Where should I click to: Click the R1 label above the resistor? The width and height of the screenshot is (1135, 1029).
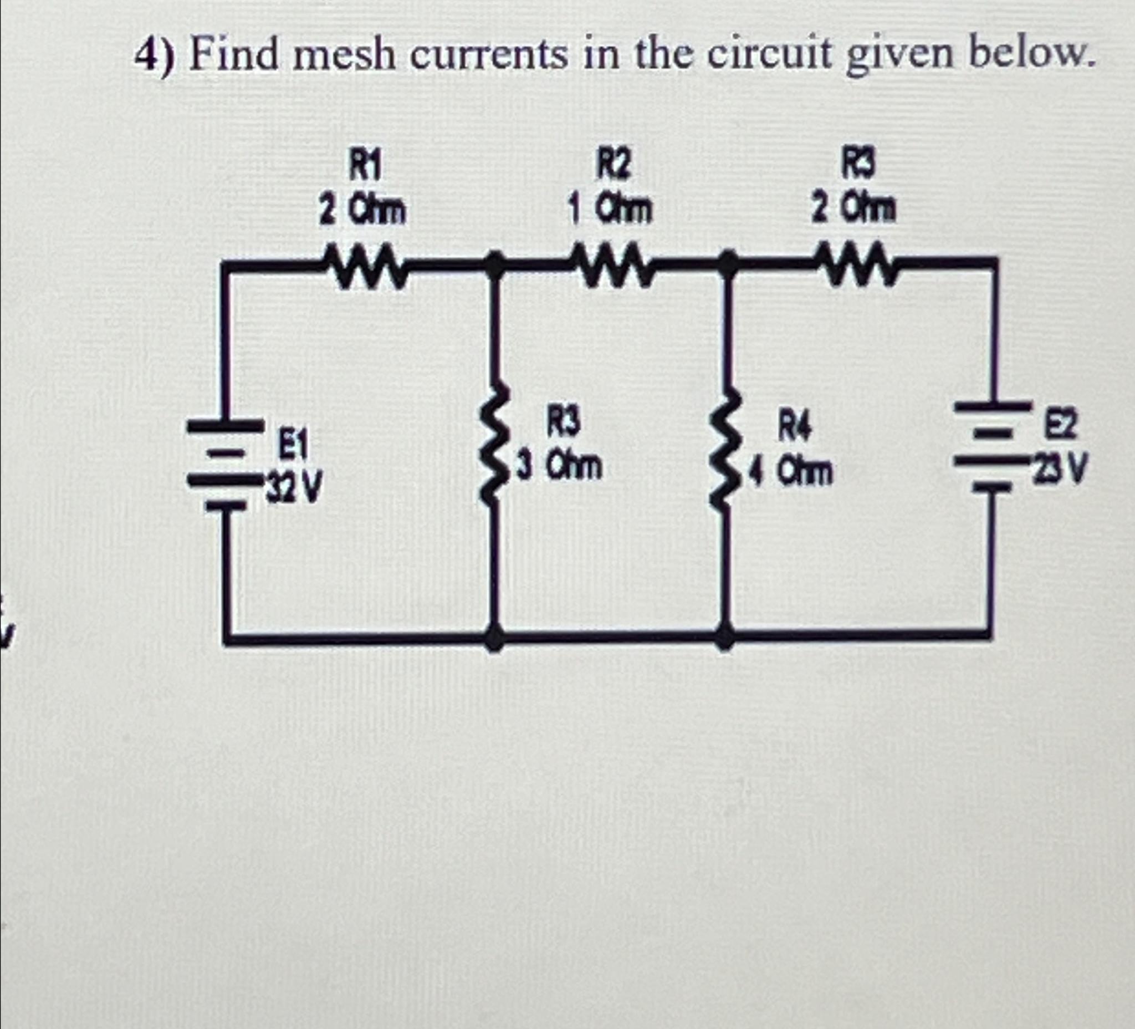364,167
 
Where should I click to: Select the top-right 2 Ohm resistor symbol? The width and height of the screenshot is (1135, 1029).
855,262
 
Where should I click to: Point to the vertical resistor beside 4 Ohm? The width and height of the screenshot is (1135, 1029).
728,451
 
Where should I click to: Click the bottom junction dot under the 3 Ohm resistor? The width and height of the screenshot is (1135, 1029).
494,640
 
